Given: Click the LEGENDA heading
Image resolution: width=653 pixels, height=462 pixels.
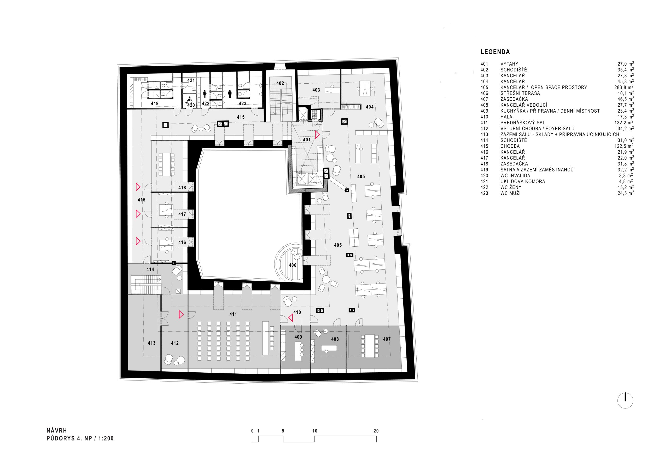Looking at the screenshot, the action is tap(495, 52).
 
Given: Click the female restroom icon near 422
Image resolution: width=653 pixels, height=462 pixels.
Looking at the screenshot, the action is tap(205, 94).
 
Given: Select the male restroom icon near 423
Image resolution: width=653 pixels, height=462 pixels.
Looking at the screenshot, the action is tap(230, 94).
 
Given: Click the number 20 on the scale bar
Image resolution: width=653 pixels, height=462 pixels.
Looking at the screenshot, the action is tap(376, 431).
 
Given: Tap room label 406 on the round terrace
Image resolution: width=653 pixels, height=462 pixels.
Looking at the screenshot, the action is tap(292, 265).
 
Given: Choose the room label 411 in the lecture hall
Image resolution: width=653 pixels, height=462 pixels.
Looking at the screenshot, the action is tap(233, 314).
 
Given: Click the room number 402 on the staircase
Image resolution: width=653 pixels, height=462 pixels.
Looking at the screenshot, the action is tap(280, 83).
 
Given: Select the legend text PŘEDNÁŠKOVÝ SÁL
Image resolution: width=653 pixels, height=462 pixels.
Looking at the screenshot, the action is tap(523, 123).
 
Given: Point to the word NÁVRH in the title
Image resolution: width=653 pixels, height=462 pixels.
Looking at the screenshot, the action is tap(57, 431).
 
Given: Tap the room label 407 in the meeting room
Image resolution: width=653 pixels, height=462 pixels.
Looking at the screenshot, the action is tap(387, 339).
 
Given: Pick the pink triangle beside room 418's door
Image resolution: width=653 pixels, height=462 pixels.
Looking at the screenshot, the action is tap(138, 187).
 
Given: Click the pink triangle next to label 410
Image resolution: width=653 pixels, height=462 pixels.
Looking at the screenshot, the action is tap(290, 318).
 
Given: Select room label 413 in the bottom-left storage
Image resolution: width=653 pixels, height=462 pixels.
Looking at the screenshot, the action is tap(151, 343).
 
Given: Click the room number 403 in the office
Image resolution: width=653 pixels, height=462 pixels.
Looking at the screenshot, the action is tap(316, 90).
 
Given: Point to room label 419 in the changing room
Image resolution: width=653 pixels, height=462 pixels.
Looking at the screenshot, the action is tap(155, 103).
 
